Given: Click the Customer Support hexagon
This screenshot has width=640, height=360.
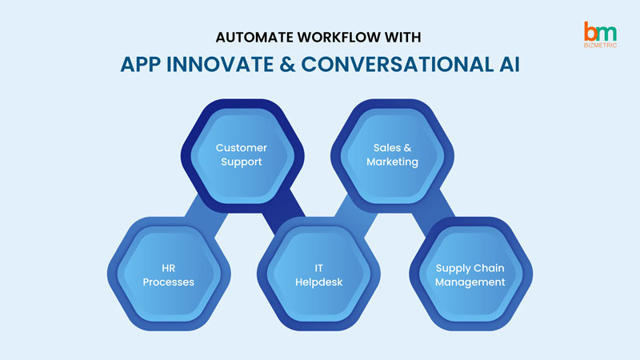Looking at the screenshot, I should click(x=242, y=155).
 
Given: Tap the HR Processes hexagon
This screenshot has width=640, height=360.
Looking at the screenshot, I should click(x=168, y=274).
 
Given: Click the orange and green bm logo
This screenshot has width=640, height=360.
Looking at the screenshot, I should click(x=601, y=32).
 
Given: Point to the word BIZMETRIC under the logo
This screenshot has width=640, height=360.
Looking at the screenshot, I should click(x=601, y=47).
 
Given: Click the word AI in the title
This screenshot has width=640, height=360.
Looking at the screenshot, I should click(x=508, y=64).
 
